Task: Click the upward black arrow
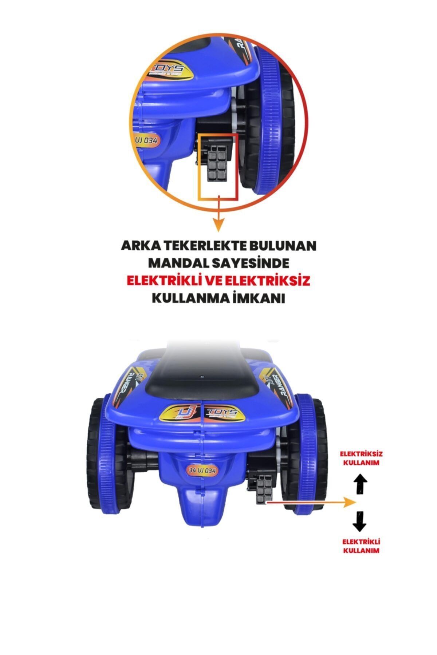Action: tap(360, 483)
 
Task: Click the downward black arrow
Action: tap(360, 521)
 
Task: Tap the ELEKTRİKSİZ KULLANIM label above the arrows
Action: tap(361, 458)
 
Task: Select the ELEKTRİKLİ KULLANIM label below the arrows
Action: tap(361, 546)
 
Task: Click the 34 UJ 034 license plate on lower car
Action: tap(202, 471)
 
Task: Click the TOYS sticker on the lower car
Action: tap(221, 412)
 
